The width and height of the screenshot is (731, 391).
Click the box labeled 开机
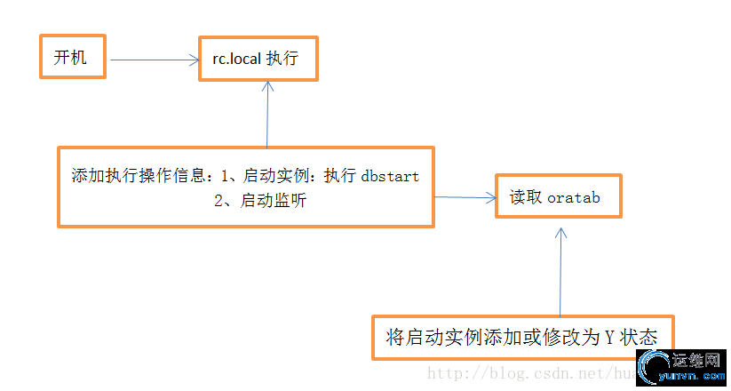[72, 58]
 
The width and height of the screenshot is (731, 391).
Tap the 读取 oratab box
[558, 196]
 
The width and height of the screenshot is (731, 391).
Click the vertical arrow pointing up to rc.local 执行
[267, 116]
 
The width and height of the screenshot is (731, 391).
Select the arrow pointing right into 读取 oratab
[465, 197]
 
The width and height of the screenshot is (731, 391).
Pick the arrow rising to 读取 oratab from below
[560, 271]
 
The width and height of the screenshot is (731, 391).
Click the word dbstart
[390, 175]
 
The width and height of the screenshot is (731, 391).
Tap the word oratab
[574, 197]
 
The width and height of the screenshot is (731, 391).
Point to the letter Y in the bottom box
[609, 338]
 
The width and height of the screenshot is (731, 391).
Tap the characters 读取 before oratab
[526, 197]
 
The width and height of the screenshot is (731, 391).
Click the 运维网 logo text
[693, 362]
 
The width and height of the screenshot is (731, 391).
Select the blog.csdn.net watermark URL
[524, 374]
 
